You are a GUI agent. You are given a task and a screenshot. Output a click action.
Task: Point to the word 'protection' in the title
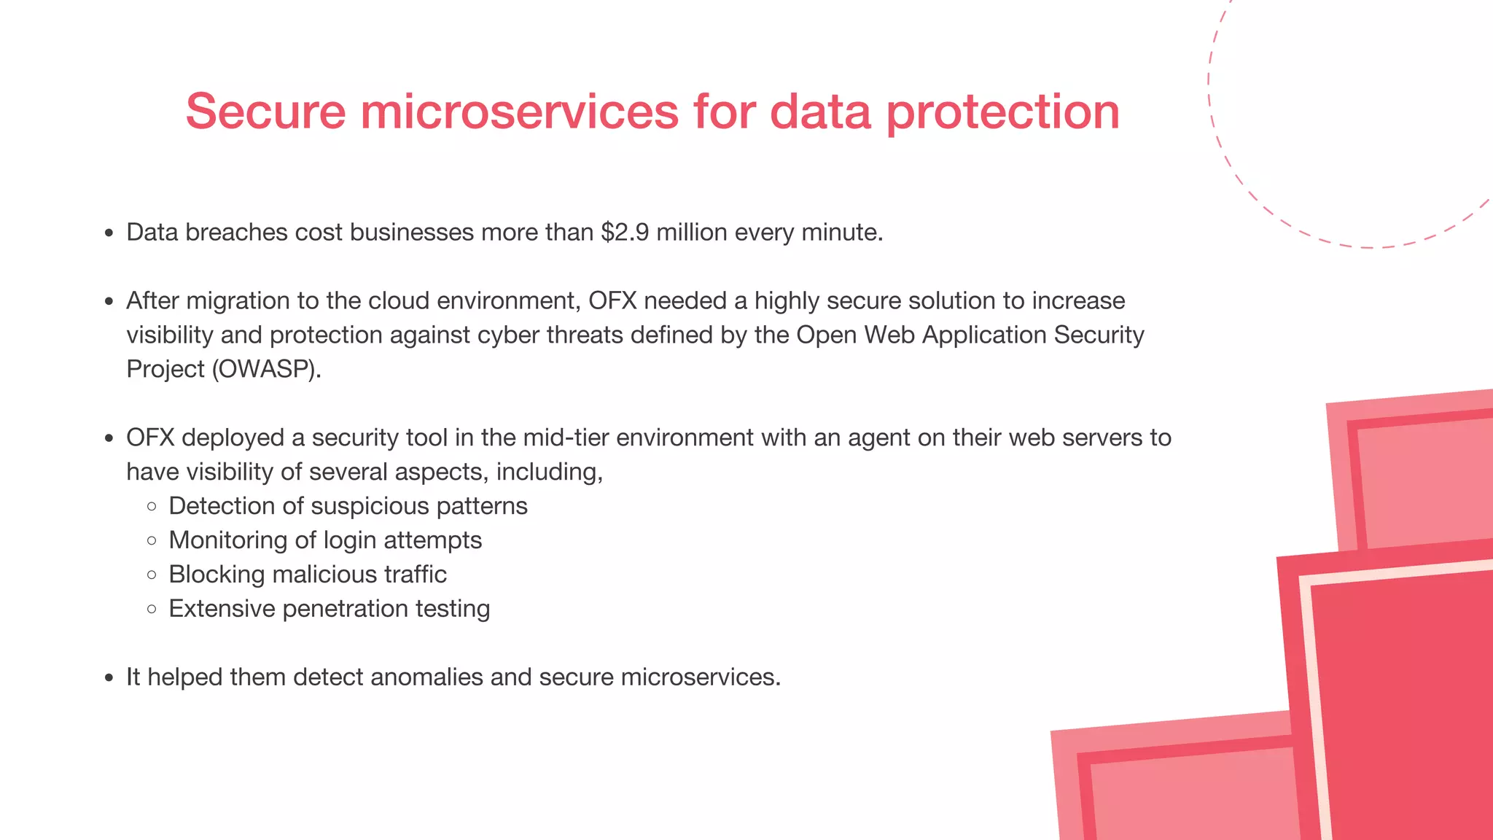pyautogui.click(x=1002, y=113)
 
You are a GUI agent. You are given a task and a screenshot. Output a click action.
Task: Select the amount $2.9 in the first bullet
pyautogui.click(x=625, y=232)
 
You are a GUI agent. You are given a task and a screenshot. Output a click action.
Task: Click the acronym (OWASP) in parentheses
pyautogui.click(x=266, y=369)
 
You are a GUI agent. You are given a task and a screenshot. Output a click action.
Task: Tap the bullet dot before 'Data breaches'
pyautogui.click(x=109, y=233)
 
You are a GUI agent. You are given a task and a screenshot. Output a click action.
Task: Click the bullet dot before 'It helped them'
pyautogui.click(x=109, y=678)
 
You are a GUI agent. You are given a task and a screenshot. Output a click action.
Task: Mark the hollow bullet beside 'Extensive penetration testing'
pyautogui.click(x=152, y=609)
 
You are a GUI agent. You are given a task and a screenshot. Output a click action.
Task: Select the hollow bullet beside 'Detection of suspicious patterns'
pyautogui.click(x=152, y=506)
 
